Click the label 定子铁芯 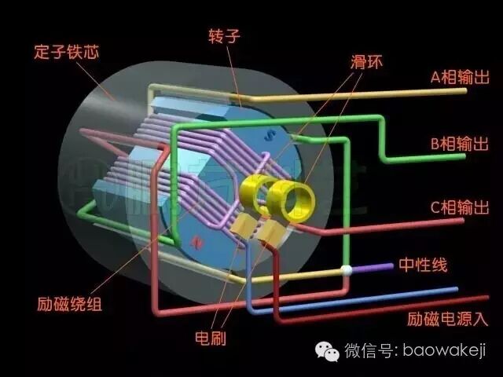click(66, 53)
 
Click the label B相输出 click(460, 144)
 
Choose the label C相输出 click(460, 208)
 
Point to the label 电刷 click(211, 339)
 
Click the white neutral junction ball click(345, 271)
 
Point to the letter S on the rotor click(270, 136)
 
